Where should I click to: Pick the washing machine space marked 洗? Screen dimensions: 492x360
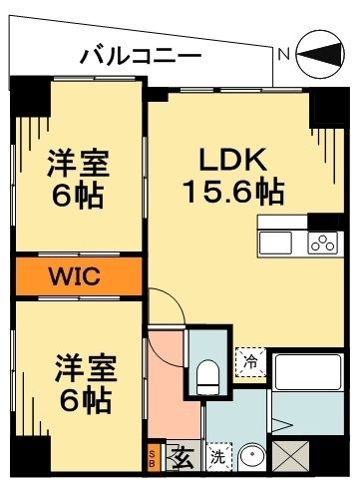217,459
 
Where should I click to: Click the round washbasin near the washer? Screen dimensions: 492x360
252,458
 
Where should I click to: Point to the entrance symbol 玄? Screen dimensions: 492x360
182,459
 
